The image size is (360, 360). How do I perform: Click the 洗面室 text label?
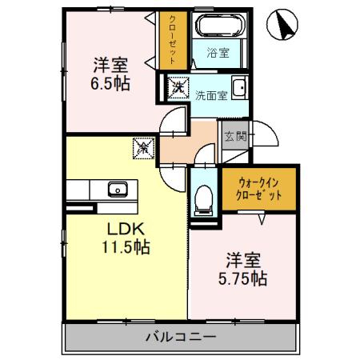tap(210, 94)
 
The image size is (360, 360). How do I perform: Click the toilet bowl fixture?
tap(203, 196)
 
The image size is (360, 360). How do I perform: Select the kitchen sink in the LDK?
tap(118, 190)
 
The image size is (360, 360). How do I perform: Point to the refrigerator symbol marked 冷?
tap(143, 146)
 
